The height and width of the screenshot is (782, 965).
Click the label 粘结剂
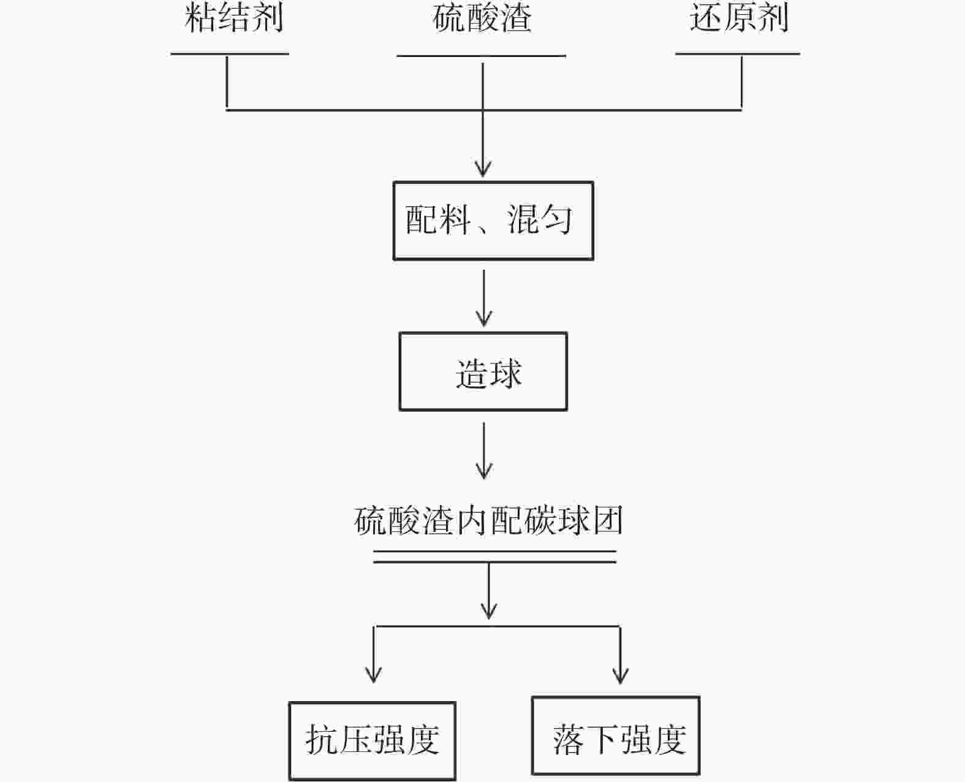point(233,18)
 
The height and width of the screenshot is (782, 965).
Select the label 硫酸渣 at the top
point(482,18)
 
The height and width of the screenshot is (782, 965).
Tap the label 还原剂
point(738,18)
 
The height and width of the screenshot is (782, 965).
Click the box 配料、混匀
point(493,221)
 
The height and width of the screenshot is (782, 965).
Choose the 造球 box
point(483,371)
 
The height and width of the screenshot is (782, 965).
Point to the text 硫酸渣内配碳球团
point(489,521)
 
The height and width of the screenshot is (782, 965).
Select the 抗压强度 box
point(372,740)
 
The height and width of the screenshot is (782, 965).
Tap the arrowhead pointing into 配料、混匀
point(483,168)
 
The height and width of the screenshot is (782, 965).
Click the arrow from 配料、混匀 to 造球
point(484,298)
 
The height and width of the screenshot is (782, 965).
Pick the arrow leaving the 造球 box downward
point(484,450)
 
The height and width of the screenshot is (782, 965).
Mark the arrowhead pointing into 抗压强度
point(373,674)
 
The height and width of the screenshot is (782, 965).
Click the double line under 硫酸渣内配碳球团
point(494,556)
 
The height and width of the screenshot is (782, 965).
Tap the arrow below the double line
point(488,591)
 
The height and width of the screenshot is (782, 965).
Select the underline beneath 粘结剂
point(230,54)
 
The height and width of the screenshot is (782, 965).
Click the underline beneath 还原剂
point(737,54)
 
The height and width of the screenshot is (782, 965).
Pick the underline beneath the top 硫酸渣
point(481,56)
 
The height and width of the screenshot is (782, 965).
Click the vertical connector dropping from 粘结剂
point(227,82)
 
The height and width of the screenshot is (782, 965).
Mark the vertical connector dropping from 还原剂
point(741,82)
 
